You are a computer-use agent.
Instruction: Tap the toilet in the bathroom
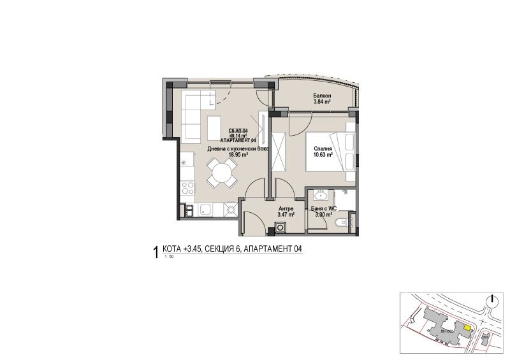click(342, 222)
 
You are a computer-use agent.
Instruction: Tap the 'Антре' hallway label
click(285, 208)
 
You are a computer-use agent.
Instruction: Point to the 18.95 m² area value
click(237, 154)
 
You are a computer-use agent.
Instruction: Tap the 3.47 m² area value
click(286, 215)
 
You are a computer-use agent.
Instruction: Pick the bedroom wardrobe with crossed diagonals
click(278, 150)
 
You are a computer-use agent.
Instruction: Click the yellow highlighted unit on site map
click(467, 329)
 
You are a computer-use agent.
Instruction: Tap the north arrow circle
click(492, 301)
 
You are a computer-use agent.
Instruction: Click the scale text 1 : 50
click(169, 257)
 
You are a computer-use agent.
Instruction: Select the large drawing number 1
click(156, 252)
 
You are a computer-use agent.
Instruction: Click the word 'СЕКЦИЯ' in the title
click(220, 250)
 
